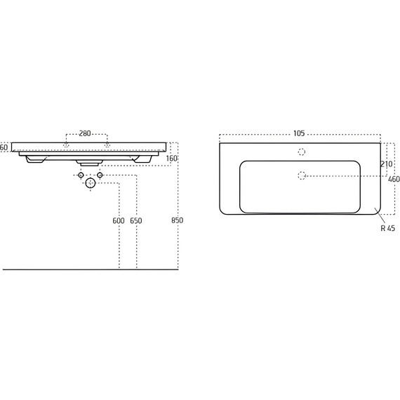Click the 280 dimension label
click(x=85, y=133)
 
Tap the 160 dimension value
click(x=172, y=159)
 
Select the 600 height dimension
click(x=119, y=220)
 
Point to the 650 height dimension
click(x=136, y=220)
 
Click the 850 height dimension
click(x=177, y=220)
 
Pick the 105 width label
click(x=299, y=133)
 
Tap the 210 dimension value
click(x=387, y=164)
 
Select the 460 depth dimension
click(x=394, y=180)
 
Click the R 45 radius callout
click(x=388, y=228)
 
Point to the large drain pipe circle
click(x=91, y=183)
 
